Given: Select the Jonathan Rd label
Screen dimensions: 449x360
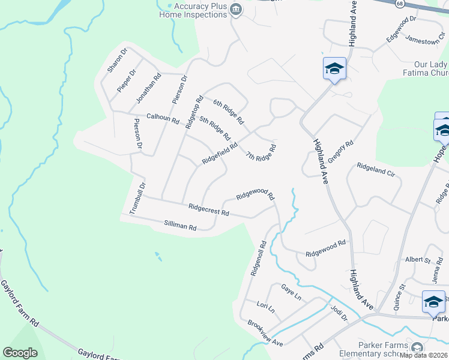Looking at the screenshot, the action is [x=149, y=86].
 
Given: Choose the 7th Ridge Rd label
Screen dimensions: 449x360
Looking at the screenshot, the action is [x=261, y=152].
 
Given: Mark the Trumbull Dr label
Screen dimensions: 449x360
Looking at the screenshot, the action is [x=138, y=198].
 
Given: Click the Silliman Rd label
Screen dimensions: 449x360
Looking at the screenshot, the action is [x=180, y=226].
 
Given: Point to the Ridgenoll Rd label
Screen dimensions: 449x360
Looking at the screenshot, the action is [x=259, y=259].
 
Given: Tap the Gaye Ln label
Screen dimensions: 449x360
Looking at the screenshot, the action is [x=291, y=292].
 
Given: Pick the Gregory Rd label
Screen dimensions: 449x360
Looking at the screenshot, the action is [x=340, y=152].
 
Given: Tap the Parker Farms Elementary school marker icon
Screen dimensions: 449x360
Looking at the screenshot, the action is [x=417, y=347].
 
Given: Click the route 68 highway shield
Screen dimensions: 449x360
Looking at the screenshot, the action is [x=400, y=3].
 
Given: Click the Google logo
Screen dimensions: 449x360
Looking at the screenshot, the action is [x=20, y=352].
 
